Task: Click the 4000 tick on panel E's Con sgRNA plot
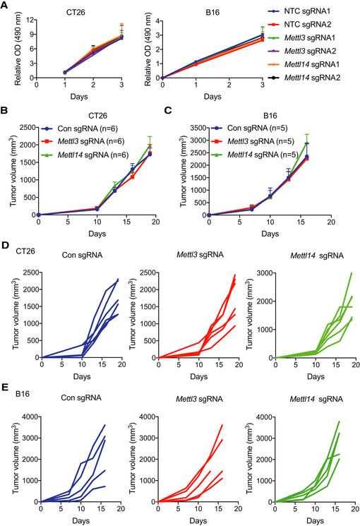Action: click(x=31, y=403)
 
